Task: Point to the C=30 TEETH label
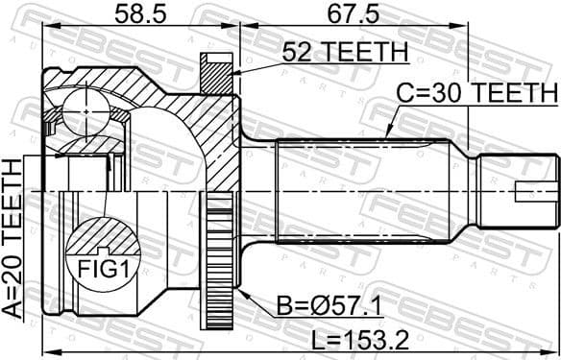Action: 478,93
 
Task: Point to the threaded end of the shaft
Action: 519,192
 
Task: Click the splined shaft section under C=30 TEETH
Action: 365,192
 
